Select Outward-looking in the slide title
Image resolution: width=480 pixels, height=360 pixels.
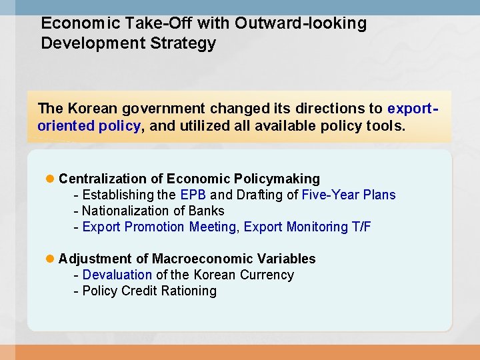301,23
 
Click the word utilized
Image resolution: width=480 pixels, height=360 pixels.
190,125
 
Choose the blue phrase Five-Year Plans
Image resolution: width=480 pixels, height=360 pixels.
349,195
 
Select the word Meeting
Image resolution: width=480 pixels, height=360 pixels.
213,227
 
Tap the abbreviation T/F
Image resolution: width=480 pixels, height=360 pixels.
361,227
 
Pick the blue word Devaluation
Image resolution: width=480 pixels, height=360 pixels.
117,275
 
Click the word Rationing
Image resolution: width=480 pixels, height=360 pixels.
189,291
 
